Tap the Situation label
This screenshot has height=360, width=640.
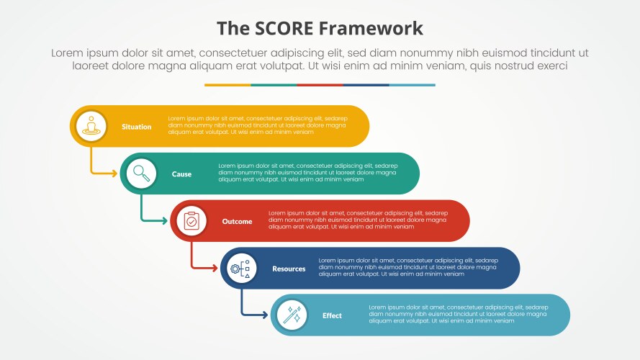click(136, 127)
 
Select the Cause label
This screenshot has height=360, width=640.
click(181, 174)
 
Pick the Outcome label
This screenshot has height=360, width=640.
click(237, 222)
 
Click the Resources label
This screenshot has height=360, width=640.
click(289, 269)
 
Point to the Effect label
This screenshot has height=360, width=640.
click(332, 316)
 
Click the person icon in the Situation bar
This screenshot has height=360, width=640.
click(91, 126)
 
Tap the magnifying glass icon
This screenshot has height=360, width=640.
click(141, 174)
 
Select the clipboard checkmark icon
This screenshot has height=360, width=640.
click(191, 221)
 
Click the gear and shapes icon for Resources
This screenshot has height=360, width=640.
click(241, 269)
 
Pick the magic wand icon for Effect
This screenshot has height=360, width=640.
click(292, 315)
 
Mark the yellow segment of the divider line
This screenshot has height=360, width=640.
click(227, 85)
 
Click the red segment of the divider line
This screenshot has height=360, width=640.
click(320, 85)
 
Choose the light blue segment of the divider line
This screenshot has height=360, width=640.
click(412, 85)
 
